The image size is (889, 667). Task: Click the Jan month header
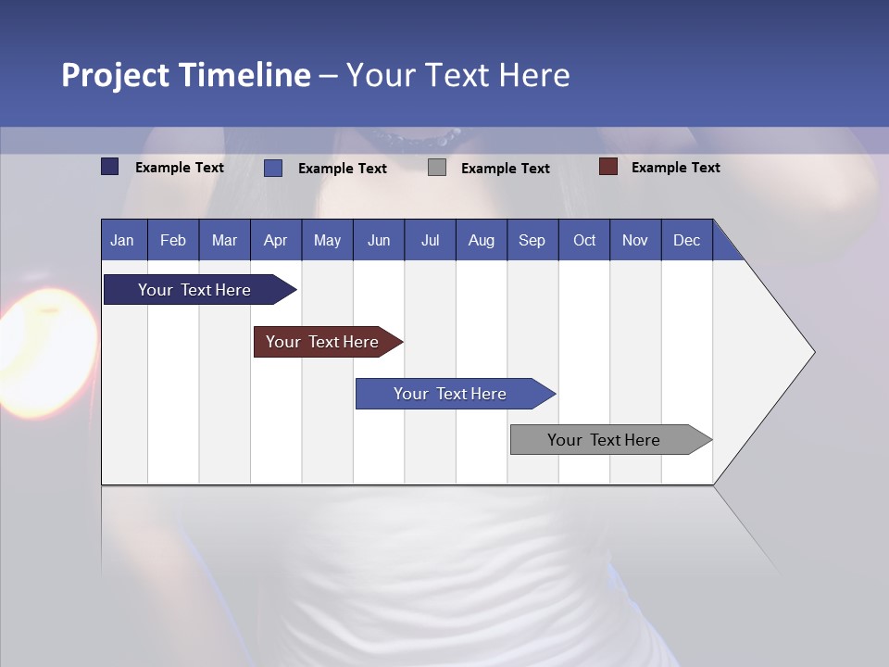coord(122,240)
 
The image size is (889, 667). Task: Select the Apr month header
coord(275,240)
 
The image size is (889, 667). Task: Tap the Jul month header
coord(430,240)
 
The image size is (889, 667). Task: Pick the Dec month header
coord(686,240)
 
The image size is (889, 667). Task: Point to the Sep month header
coord(532,240)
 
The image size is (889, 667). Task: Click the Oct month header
coord(584,240)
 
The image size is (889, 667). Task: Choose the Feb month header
coord(173,240)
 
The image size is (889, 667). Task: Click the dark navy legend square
coord(109,167)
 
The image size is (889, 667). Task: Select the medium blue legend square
coord(273,168)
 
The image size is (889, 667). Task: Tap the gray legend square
coord(437,168)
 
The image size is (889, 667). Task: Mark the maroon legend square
coord(607,167)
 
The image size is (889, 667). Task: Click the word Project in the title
coord(115,75)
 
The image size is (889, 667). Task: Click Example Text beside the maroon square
coord(675,168)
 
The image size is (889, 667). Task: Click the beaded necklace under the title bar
coord(416,140)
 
